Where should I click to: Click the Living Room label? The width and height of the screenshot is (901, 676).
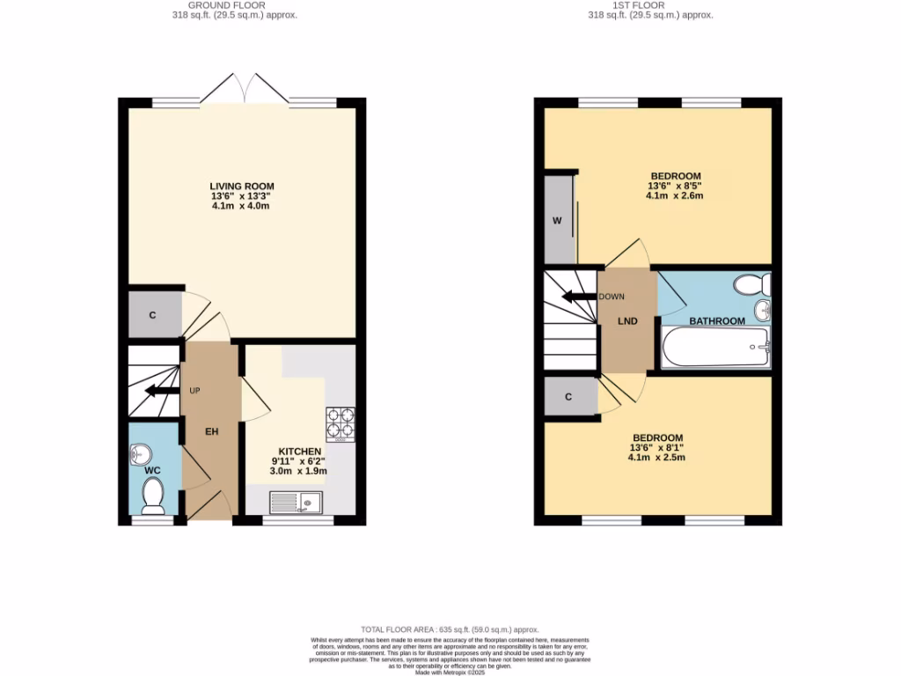point(242,186)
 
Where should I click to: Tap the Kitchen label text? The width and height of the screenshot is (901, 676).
point(299,450)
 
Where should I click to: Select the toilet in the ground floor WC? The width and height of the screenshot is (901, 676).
point(154,496)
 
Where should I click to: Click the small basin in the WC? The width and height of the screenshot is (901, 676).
point(141,453)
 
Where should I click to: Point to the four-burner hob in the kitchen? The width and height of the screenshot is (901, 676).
point(341,422)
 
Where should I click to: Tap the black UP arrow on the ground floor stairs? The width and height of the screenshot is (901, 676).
point(159,392)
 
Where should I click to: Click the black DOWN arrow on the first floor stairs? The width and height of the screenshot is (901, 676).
point(580,297)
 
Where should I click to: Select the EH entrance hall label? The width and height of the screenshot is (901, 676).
point(212,431)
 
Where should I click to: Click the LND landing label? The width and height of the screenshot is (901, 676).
point(626,321)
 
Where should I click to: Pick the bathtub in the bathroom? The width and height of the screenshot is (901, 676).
point(714,351)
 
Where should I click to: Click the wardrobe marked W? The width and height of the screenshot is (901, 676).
point(557,220)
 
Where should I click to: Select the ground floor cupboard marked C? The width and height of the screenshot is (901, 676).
point(152,314)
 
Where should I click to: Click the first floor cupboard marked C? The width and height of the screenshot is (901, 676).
point(568,397)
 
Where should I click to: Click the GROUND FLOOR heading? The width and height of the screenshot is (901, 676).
point(242,5)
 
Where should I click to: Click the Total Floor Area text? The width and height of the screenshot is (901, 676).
point(450,630)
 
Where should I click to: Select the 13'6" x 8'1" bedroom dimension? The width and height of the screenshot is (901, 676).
point(658,448)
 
